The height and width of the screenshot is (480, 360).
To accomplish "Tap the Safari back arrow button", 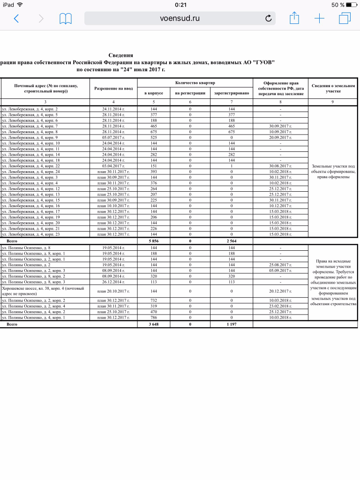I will click(16, 19).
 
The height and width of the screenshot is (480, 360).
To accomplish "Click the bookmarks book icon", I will click(65, 19).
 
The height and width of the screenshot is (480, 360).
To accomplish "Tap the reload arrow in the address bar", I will click(268, 19).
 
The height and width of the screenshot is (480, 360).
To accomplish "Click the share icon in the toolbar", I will click(294, 18).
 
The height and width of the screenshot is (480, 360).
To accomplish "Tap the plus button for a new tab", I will click(319, 19).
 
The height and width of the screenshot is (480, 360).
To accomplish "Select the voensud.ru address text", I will click(180, 19).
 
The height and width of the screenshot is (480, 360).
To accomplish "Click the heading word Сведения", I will click(121, 55).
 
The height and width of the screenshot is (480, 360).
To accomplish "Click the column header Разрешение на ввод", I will click(112, 88).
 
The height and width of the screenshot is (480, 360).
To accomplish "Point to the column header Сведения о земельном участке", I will click(333, 88).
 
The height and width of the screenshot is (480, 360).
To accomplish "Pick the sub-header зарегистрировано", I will click(231, 94).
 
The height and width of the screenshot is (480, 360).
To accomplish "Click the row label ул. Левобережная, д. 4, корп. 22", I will click(31, 166).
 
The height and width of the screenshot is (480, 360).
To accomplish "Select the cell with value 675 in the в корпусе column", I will click(153, 132).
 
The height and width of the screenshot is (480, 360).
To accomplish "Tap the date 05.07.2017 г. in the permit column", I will click(112, 137).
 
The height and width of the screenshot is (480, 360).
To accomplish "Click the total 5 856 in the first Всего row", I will click(153, 240).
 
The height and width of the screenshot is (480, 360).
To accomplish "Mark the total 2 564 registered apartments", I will click(231, 240).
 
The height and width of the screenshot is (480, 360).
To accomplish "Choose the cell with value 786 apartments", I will click(153, 318).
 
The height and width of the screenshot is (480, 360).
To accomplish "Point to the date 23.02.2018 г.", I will click(280, 306).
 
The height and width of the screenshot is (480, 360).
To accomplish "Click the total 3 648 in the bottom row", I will click(153, 324).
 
